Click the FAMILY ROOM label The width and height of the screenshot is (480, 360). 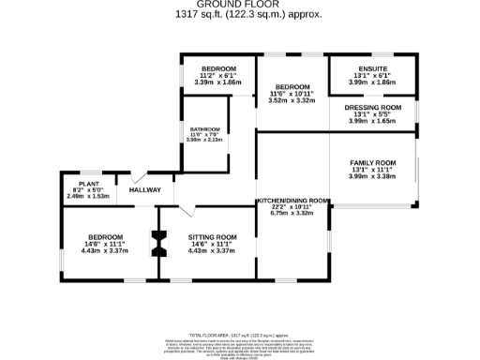pos(373,162)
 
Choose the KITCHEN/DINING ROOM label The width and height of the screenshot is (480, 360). pos(292,200)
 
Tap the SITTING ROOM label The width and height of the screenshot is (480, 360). pos(212,237)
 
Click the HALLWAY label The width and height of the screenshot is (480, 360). pos(145,190)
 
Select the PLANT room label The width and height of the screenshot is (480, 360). pos(89,184)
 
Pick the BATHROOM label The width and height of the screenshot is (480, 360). pos(205,128)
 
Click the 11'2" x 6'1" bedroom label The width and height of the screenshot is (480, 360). pos(217,76)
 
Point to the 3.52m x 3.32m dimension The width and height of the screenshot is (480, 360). pos(292,100)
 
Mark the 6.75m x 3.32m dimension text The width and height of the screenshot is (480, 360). pos(292,213)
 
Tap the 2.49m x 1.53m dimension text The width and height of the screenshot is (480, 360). pos(89,197)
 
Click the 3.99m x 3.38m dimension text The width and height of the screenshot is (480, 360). pos(373,175)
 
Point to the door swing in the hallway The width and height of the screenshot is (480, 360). pos(140,176)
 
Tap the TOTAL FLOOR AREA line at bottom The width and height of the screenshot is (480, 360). pos(240,335)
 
